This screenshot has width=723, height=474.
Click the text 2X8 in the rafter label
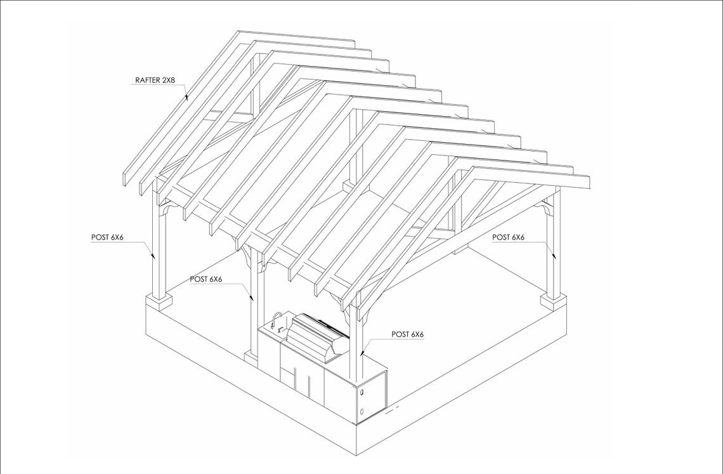click(167, 81)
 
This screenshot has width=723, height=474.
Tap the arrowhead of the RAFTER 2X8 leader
click(186, 98)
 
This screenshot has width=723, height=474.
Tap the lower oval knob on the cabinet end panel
click(361, 412)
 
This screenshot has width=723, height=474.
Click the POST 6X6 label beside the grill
click(407, 334)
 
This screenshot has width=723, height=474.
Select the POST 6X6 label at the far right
click(508, 237)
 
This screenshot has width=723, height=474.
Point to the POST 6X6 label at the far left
click(107, 237)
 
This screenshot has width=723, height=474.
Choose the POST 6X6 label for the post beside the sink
click(205, 279)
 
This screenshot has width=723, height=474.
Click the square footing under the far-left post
click(159, 300)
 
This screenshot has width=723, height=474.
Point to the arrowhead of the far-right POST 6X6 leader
click(554, 256)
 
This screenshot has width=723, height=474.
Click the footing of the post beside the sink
click(251, 357)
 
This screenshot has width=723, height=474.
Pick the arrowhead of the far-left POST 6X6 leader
click(153, 256)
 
